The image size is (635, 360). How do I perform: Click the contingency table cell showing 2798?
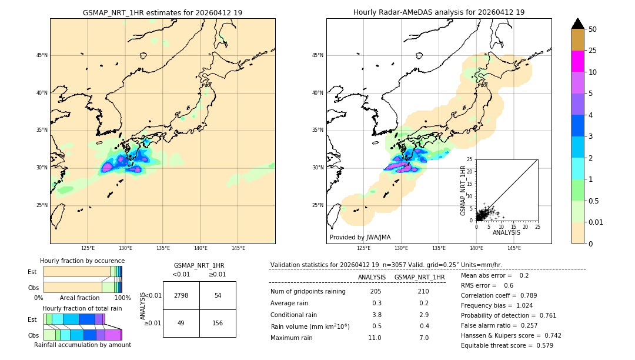(x=181, y=295)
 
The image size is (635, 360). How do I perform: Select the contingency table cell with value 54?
(x=218, y=295)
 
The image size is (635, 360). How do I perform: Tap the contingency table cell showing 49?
(x=181, y=323)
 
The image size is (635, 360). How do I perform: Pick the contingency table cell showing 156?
(x=218, y=323)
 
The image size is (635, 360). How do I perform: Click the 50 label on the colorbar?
(x=593, y=29)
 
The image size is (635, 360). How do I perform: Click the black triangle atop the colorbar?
(x=578, y=24)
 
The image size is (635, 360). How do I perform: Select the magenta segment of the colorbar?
(x=578, y=61)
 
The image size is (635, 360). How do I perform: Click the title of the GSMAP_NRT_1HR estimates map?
(x=162, y=12)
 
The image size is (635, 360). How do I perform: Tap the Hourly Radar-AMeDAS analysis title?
(x=439, y=12)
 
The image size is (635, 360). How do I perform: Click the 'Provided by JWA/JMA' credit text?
(x=360, y=237)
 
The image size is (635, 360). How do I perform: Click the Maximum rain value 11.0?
(x=375, y=338)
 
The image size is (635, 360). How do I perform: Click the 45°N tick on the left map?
(x=42, y=55)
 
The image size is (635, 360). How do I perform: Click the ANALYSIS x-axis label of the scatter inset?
(x=506, y=232)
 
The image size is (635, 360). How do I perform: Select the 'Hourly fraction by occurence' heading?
(x=82, y=261)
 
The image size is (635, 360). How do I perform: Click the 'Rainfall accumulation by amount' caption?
(x=82, y=345)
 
